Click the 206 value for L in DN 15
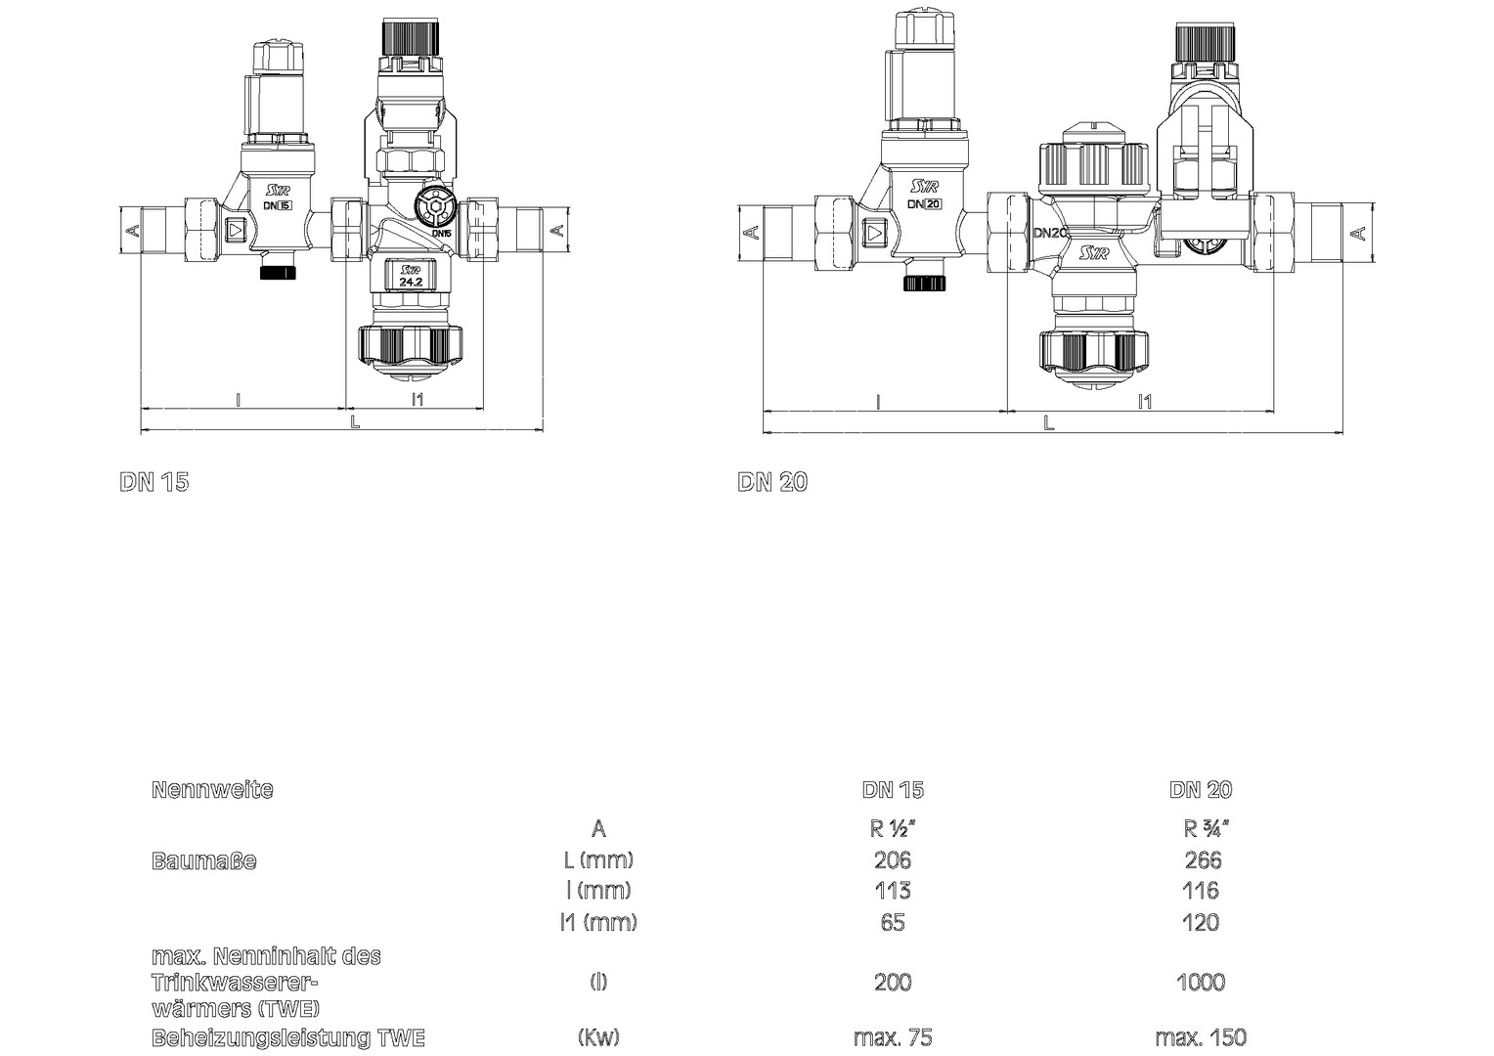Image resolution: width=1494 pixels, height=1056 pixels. pos(893,859)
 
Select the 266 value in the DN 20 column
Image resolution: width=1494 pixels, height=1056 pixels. pos(1203,859)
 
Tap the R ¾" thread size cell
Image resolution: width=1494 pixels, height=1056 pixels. pos(1206,828)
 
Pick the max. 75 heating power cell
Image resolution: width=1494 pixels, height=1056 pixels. pos(893,1037)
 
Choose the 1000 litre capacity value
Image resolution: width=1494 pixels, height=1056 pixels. pos(1200,982)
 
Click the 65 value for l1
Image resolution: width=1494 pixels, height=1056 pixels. pos(893,922)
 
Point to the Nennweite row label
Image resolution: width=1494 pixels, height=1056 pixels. pos(212,789)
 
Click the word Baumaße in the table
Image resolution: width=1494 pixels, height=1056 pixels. pos(203,860)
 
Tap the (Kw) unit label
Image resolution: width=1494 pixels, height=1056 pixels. pos(598,1037)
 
